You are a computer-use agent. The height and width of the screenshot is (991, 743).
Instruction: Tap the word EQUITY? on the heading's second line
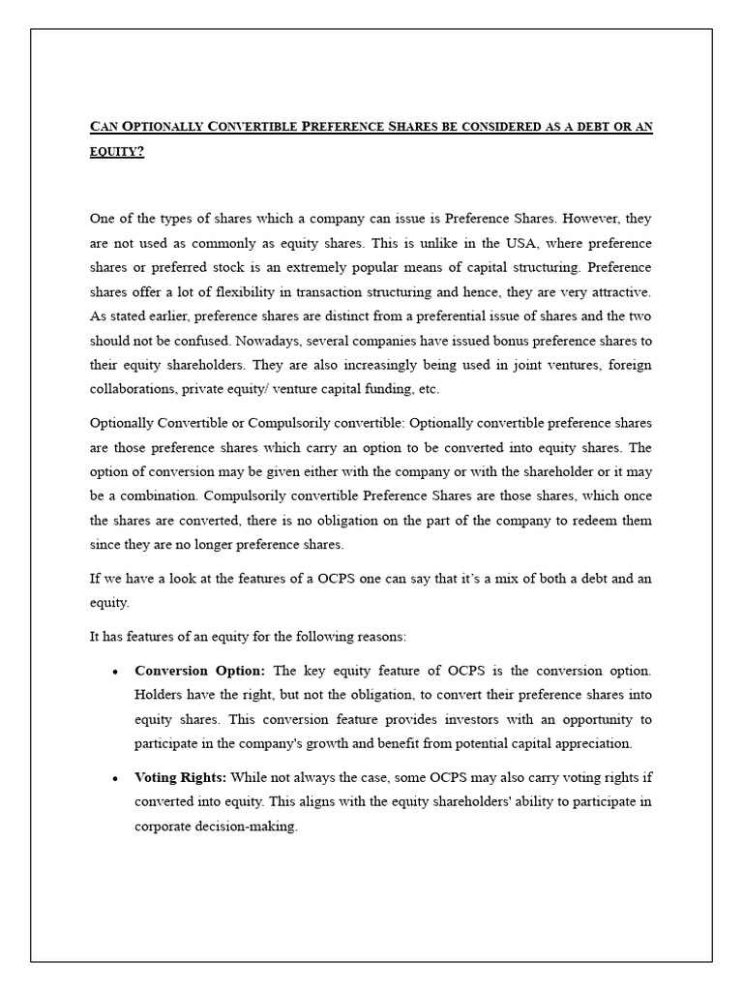point(116,151)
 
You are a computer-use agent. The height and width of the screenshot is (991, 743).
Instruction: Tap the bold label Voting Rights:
point(181,777)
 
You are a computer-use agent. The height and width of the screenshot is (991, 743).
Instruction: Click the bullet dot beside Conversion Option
point(116,671)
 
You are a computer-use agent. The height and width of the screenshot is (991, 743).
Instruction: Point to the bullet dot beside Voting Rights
point(116,778)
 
